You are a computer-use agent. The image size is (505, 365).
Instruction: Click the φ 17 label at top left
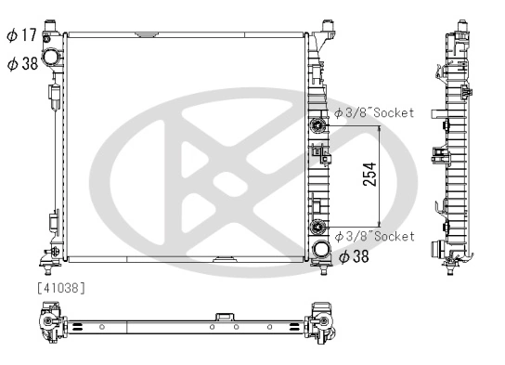(x=19, y=36)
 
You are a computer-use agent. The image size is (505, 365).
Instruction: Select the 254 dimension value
(x=369, y=177)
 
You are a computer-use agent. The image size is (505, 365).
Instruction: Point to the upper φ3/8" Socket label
(x=374, y=113)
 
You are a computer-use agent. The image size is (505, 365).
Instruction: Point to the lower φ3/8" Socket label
(x=374, y=236)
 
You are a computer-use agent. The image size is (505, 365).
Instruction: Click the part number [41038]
(x=61, y=288)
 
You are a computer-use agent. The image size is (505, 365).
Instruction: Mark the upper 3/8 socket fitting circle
(x=319, y=124)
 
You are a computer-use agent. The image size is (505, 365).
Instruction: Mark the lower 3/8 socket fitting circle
(x=319, y=228)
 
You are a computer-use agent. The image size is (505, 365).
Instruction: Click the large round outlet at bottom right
(x=321, y=251)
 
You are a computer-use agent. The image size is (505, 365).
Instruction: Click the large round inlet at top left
(x=58, y=54)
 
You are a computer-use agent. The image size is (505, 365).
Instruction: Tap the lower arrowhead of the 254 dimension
(x=379, y=226)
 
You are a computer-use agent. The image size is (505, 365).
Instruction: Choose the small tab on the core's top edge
(x=145, y=36)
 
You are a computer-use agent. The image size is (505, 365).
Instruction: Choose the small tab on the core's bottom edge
(x=226, y=258)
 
